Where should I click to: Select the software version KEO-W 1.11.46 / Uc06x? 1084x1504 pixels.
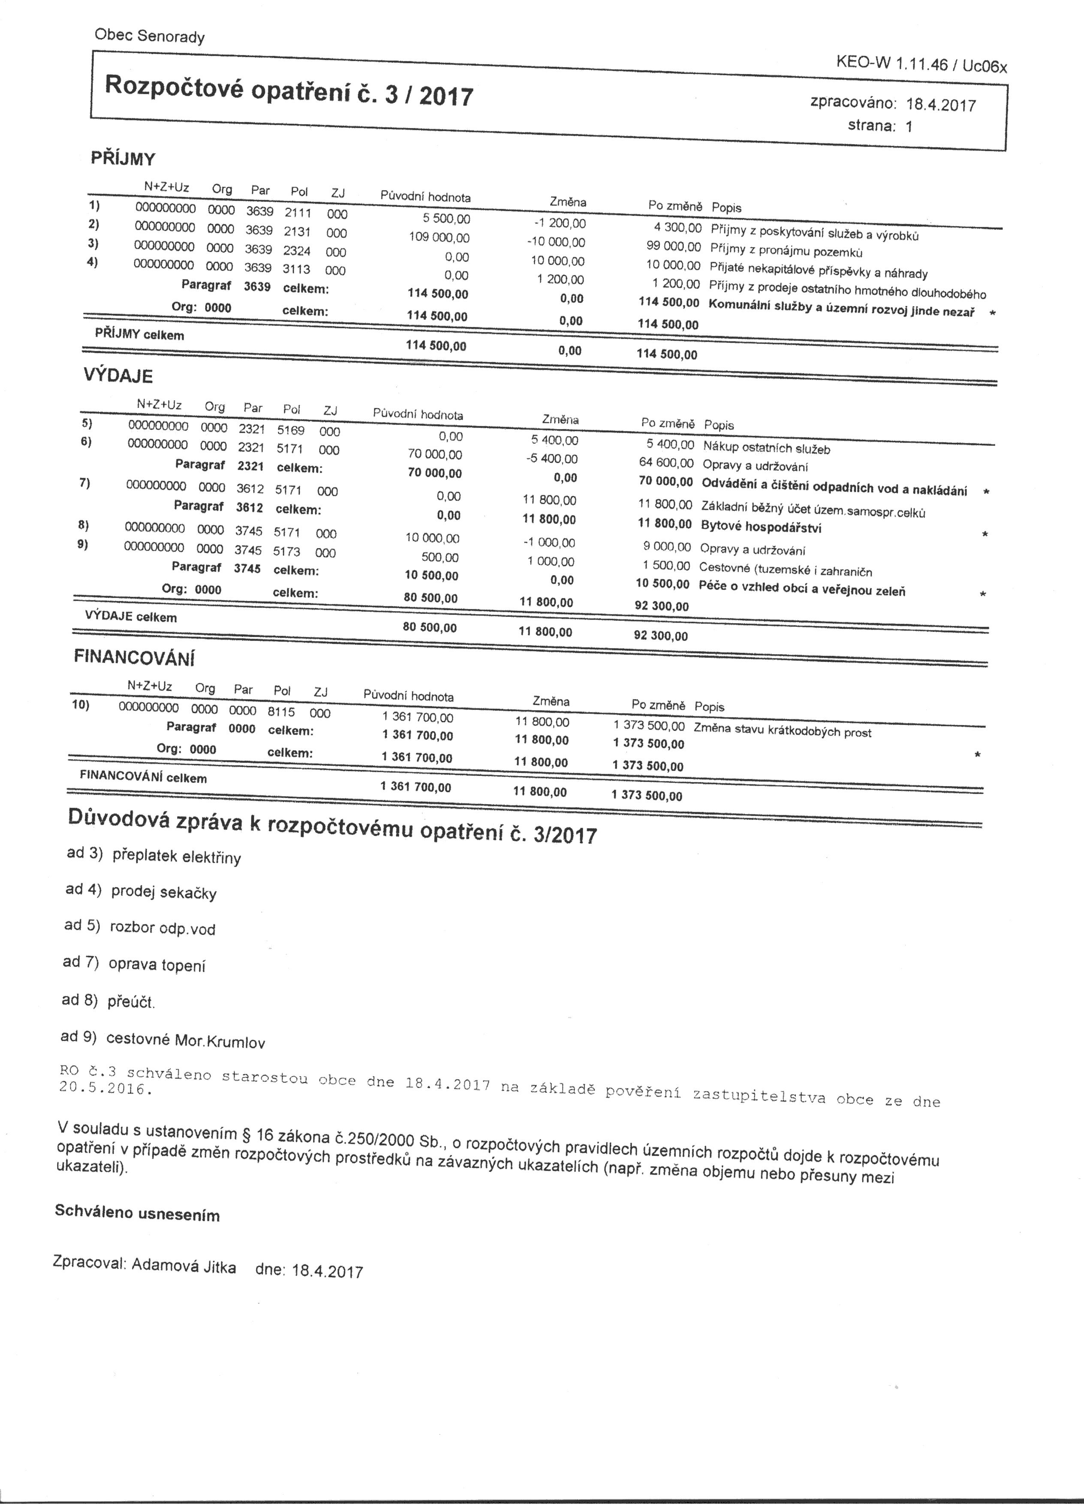tap(921, 64)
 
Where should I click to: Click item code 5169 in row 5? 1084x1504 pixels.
tap(290, 430)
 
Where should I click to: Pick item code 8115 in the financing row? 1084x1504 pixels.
tap(281, 711)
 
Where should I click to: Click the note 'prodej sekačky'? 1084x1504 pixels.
tap(164, 892)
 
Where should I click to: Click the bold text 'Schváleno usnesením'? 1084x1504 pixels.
tap(137, 1214)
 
